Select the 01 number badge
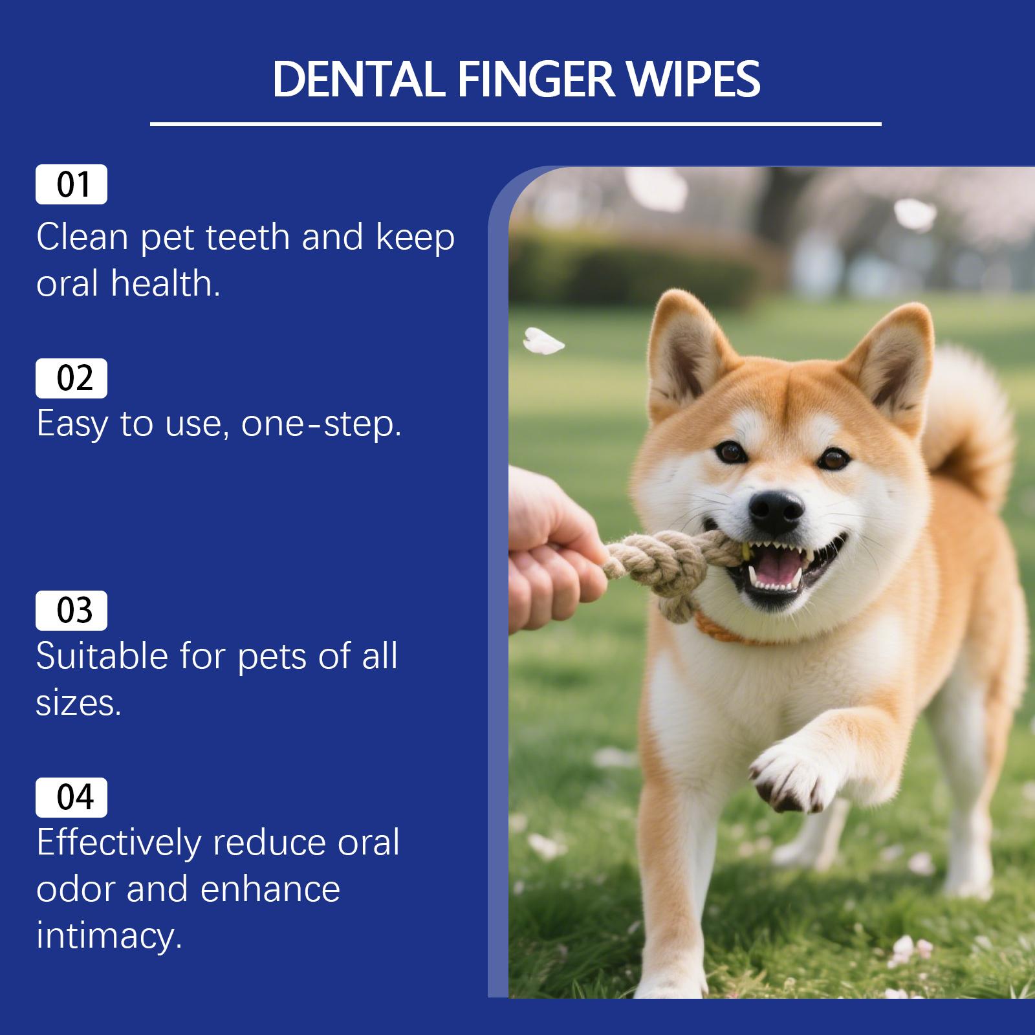coord(71,185)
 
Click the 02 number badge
coord(71,378)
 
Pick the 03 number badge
coord(71,611)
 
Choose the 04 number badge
coord(71,798)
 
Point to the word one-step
coord(321,424)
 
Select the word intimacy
coord(109,936)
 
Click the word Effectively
coord(118,843)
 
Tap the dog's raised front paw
coord(786,776)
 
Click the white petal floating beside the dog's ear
coord(542,341)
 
